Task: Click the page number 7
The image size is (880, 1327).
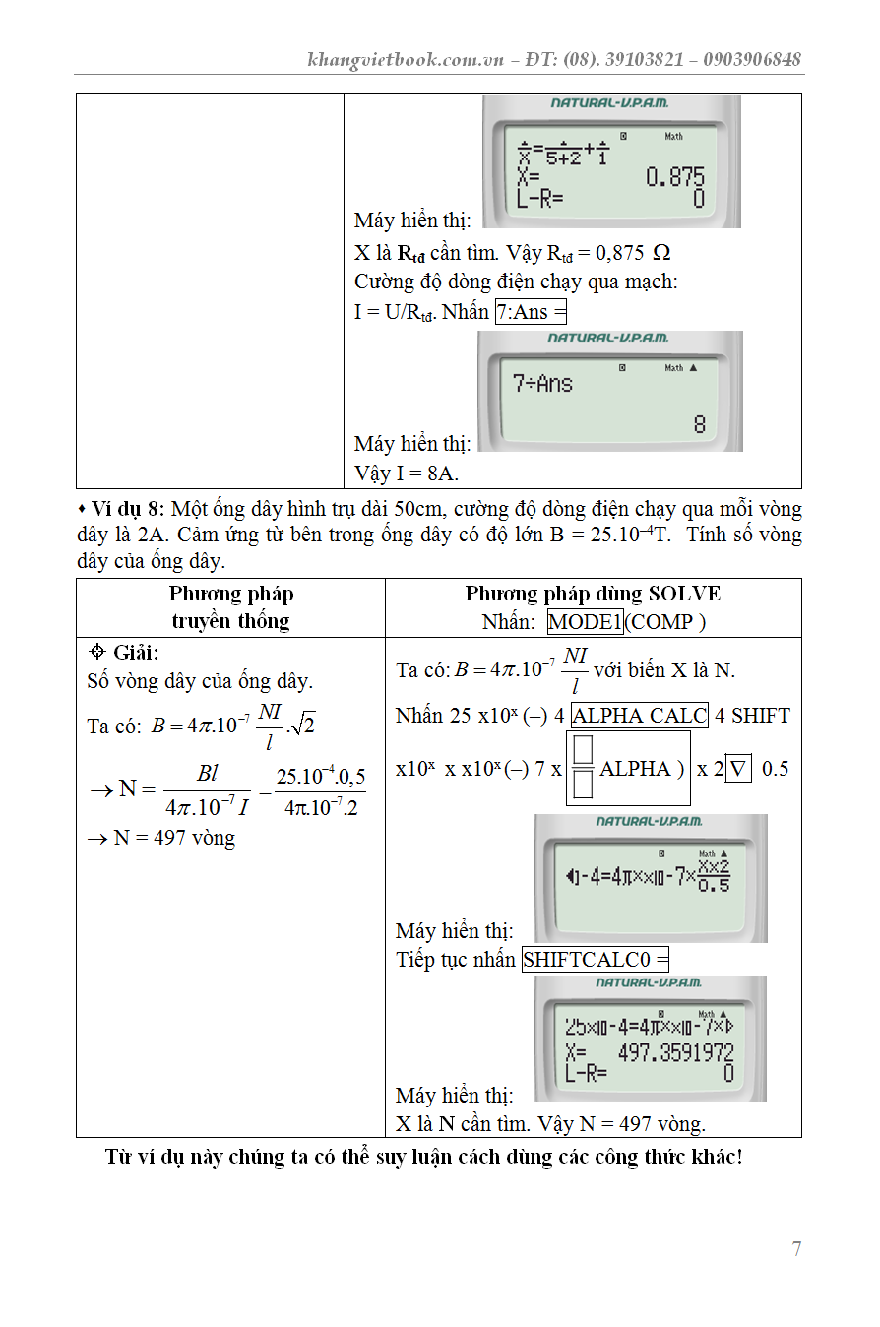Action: point(796,1249)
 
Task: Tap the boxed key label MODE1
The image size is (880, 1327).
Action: point(586,622)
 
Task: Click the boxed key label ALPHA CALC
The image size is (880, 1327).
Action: point(639,716)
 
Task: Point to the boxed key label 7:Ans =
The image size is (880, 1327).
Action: point(532,312)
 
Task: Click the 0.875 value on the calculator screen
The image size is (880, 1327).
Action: point(675,178)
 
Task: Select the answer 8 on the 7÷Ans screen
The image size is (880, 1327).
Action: point(699,425)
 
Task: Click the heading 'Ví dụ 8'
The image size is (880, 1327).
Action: point(128,510)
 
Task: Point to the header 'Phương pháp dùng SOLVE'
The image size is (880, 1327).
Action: point(593,594)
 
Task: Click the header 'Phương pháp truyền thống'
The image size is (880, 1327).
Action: point(230,607)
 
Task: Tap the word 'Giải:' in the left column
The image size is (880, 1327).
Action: point(135,653)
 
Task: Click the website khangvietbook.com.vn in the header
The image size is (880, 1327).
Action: point(406,59)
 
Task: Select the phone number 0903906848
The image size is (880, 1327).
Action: point(747,59)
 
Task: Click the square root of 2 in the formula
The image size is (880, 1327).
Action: point(301,727)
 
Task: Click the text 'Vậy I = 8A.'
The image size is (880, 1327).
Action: point(407,474)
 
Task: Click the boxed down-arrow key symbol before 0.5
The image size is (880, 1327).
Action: point(738,769)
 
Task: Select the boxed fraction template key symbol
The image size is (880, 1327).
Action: point(582,769)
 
